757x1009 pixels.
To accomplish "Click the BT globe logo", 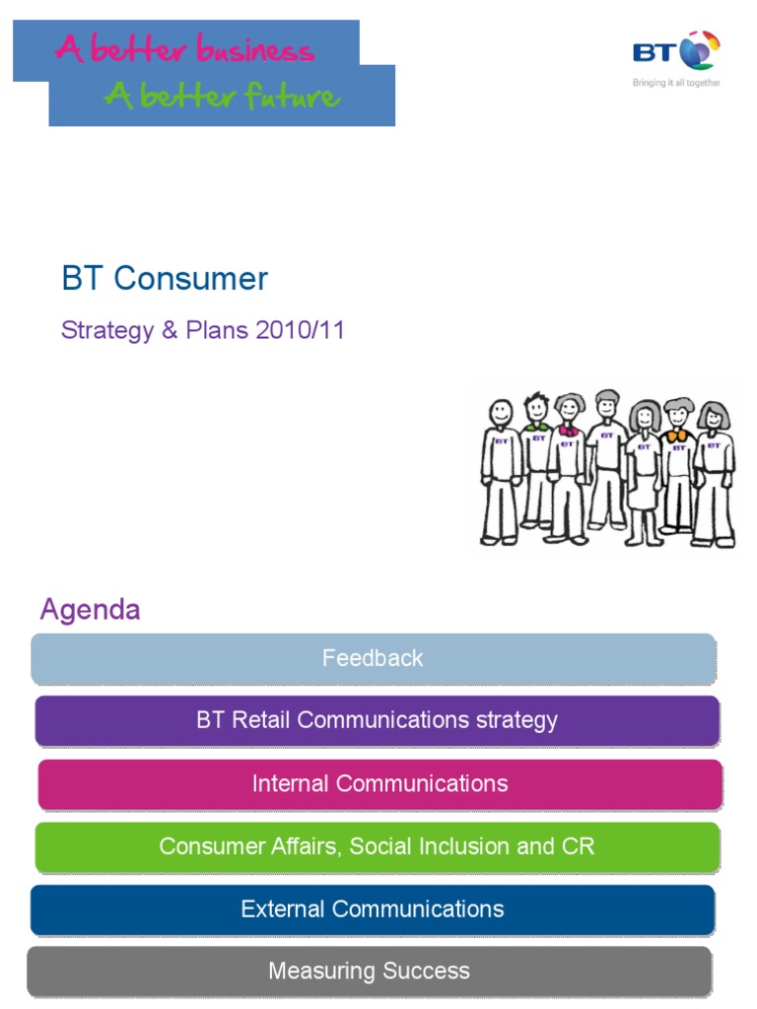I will click(701, 50).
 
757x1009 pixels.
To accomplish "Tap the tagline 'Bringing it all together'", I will click(676, 83).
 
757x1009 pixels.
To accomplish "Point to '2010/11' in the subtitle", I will click(300, 330).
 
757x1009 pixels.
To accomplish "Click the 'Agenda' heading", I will click(90, 610).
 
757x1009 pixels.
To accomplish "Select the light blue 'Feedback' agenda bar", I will click(373, 658).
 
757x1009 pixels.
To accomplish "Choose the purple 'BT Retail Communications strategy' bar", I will click(377, 720).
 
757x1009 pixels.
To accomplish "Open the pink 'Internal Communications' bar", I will click(379, 783).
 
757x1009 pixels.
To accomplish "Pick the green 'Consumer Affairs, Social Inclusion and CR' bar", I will click(377, 846).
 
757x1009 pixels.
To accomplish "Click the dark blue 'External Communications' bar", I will click(373, 908).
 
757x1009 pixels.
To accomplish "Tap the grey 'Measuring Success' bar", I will click(369, 972).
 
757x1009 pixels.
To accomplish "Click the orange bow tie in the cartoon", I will click(676, 436).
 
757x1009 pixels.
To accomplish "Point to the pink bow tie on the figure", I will click(568, 431).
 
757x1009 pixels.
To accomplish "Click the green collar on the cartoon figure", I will click(537, 427).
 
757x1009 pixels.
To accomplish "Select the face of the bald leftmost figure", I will click(502, 414).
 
